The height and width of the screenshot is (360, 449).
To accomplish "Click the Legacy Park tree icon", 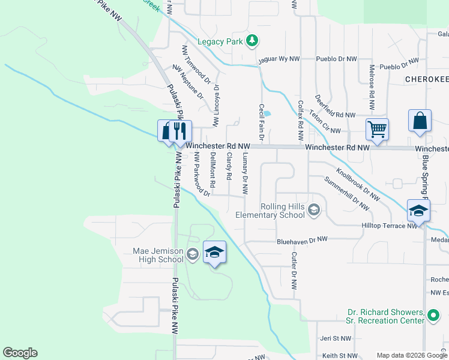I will (253, 41).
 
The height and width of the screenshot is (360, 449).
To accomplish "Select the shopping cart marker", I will (377, 128).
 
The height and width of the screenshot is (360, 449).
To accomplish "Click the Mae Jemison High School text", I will (158, 255).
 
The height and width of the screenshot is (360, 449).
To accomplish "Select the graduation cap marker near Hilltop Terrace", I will (418, 211).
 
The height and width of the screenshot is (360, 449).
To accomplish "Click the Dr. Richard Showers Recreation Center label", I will (386, 316).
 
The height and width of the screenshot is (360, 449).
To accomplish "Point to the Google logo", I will (20, 353).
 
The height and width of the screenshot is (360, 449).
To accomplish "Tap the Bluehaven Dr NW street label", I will (302, 239).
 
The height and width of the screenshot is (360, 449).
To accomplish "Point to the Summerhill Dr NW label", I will (346, 193).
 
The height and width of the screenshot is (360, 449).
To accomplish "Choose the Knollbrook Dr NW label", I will (358, 184).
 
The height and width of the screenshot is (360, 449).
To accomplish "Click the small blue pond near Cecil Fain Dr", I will (267, 113).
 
